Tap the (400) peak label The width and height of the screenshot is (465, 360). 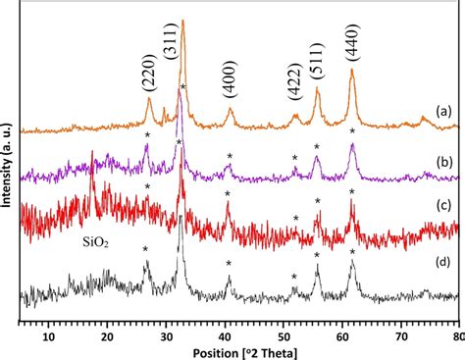(231, 85)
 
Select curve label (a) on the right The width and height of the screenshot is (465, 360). (443, 111)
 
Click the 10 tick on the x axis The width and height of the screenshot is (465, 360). (49, 335)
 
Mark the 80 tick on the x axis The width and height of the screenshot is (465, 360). (456, 335)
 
